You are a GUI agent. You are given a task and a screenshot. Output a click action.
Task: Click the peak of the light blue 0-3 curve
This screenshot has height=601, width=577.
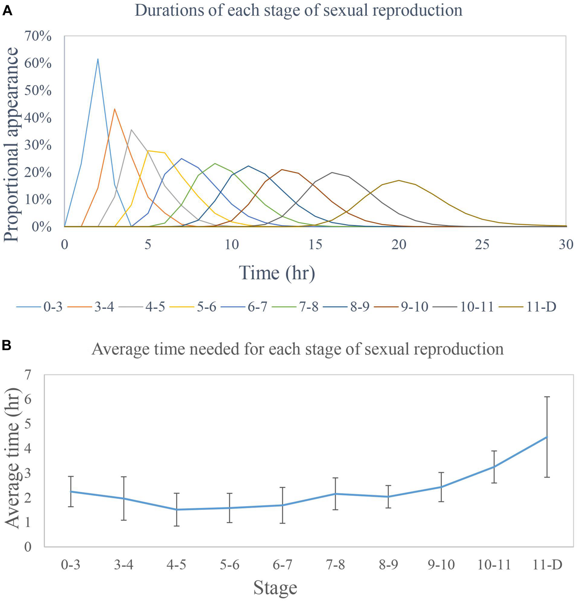coord(98,59)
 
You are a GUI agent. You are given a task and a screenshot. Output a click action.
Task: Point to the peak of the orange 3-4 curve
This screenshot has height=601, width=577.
coord(115,109)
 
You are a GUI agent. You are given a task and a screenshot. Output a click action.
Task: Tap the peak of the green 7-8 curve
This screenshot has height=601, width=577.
coord(215,163)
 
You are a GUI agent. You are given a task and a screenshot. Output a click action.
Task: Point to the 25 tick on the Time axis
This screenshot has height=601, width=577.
coord(482,245)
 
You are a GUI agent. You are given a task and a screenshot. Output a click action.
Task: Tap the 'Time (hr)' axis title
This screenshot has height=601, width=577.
coord(277,273)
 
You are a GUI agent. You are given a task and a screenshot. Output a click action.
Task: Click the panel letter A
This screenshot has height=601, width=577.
coord(7,11)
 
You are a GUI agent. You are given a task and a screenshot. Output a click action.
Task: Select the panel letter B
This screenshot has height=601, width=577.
coord(7,345)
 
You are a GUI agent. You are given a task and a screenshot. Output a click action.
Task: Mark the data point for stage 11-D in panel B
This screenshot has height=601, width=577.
coord(547,437)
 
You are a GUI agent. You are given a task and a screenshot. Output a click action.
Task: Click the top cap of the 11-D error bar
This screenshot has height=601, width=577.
coord(547,397)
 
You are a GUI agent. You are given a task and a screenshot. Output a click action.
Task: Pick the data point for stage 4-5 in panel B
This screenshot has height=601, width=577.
coord(176,510)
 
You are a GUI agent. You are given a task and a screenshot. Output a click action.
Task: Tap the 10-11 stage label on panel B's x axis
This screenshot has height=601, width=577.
coord(494,565)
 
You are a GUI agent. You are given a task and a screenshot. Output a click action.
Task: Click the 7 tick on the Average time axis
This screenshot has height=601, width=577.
coord(28,375)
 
